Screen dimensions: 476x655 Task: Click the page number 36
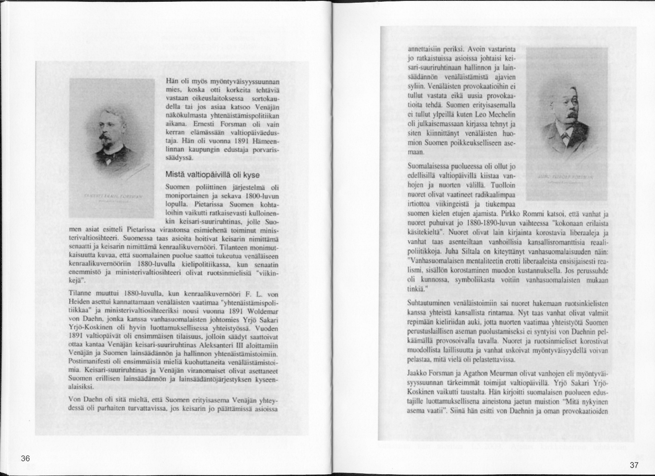26,458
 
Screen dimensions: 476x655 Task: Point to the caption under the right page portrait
566,176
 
